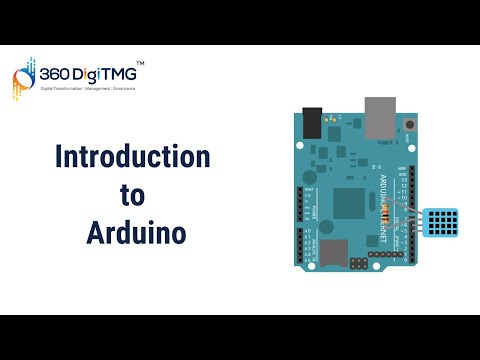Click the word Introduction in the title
132,157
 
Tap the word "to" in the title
132,196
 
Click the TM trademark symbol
139,64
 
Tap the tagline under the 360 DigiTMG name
88,90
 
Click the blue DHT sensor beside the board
444,224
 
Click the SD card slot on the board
333,252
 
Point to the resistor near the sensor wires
392,209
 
